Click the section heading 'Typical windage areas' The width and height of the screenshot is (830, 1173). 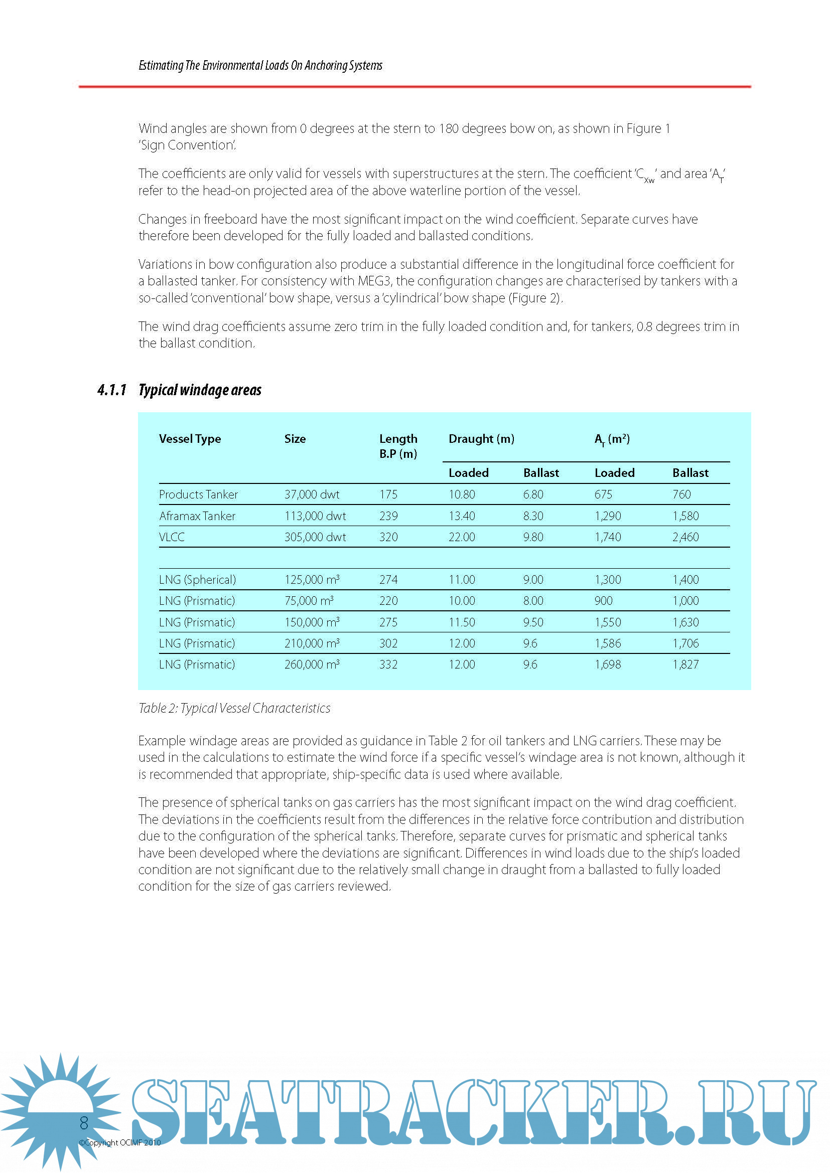(200, 390)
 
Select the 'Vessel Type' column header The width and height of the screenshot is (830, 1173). (190, 439)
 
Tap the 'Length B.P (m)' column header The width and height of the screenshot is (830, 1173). (398, 446)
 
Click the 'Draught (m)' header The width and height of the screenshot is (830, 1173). (481, 439)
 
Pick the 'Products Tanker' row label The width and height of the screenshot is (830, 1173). (198, 494)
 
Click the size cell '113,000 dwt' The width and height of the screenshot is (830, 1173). (315, 516)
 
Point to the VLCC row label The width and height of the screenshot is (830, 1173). (172, 537)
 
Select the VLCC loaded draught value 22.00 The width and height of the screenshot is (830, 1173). (462, 537)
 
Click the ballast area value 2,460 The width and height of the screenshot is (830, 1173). (685, 537)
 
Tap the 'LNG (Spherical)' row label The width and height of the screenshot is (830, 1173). (197, 580)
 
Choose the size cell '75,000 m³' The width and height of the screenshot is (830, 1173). (309, 601)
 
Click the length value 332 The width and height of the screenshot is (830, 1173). (388, 664)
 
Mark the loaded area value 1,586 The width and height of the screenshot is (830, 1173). (608, 643)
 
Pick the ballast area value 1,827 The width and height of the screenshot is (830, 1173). (685, 664)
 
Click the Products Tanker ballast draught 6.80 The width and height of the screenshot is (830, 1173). (533, 494)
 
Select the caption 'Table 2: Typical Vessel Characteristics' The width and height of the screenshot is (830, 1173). (234, 708)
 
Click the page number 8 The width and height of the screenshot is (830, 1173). (84, 1123)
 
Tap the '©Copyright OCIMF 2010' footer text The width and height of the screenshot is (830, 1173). (119, 1143)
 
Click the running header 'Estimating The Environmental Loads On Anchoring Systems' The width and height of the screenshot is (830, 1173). (260, 65)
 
